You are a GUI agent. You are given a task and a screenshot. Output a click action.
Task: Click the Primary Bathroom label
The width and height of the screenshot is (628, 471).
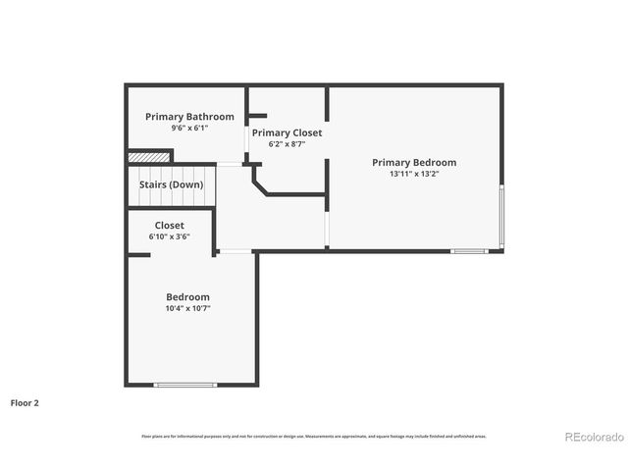(189, 117)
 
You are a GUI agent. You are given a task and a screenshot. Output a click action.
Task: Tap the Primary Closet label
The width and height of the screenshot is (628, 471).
(287, 132)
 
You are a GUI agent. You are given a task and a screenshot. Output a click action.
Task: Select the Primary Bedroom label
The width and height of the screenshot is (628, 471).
(413, 163)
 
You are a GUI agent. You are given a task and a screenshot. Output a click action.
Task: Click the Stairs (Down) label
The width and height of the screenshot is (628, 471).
(171, 184)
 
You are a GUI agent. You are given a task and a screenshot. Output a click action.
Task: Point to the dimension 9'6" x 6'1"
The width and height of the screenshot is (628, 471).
(189, 129)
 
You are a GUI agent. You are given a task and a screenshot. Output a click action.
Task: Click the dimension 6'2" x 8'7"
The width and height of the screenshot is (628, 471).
(287, 144)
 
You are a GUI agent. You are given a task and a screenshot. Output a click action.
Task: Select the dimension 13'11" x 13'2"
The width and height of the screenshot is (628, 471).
(413, 175)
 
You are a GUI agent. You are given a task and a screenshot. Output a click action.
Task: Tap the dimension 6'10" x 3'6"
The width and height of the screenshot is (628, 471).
(169, 236)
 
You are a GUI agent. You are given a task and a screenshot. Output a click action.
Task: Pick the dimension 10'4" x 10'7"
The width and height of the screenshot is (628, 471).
(186, 308)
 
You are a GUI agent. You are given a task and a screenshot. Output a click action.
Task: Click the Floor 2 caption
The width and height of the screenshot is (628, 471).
(25, 402)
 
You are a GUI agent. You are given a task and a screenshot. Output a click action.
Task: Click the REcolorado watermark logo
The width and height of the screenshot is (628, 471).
(591, 437)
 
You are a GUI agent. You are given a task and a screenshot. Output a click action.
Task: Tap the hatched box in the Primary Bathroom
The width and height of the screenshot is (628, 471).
(149, 155)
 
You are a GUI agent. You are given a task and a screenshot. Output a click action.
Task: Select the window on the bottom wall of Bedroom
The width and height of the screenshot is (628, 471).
(185, 384)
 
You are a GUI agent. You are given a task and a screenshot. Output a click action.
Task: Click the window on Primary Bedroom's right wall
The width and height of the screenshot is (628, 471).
(502, 215)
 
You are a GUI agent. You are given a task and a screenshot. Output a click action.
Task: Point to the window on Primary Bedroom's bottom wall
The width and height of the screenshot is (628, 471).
(468, 251)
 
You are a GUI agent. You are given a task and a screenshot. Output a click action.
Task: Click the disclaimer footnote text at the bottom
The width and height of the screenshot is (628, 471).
(314, 437)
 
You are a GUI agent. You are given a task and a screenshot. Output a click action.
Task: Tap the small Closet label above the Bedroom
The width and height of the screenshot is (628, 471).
(169, 226)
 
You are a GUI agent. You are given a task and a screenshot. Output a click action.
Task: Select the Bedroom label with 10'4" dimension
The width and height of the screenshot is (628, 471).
(186, 297)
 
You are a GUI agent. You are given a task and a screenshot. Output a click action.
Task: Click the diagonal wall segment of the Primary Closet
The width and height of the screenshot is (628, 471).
(260, 183)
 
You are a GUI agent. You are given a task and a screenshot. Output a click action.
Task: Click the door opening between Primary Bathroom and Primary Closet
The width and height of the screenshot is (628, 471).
(245, 148)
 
